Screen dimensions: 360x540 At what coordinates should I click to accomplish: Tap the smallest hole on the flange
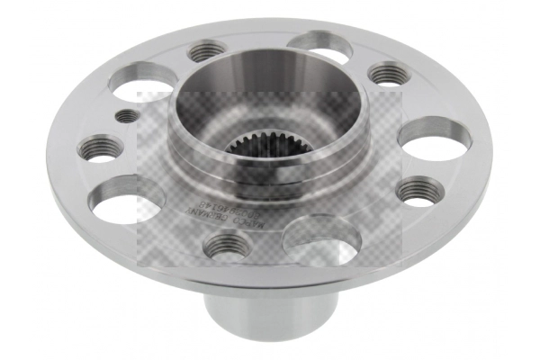(x=128, y=115)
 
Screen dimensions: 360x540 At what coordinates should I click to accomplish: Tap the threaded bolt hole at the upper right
(x=388, y=73)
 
